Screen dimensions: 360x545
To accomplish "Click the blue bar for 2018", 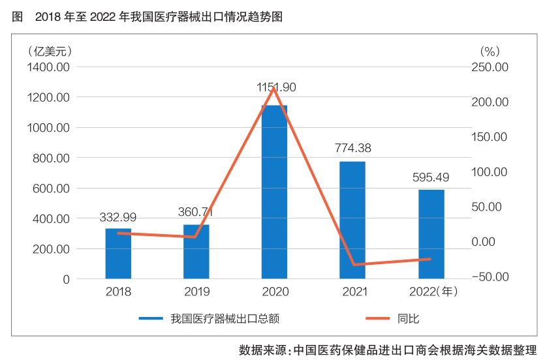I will [x=118, y=254].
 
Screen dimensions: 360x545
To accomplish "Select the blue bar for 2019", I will [x=196, y=252].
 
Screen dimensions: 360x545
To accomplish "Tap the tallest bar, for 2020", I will [x=274, y=196].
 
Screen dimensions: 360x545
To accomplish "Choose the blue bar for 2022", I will [x=431, y=234].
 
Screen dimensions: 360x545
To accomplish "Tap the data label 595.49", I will [x=431, y=176].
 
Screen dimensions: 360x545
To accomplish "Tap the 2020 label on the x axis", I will [x=274, y=292].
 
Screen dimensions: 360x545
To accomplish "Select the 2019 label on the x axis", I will [x=196, y=292].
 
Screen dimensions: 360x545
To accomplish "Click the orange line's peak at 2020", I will [x=274, y=87].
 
